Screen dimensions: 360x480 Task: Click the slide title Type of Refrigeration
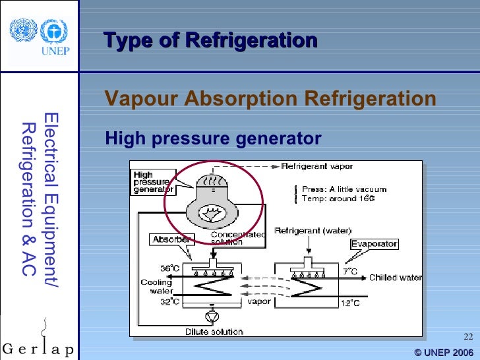pos(210,41)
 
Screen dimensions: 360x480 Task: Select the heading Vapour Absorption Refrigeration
pos(270,100)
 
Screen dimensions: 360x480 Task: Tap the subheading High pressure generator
pos(213,139)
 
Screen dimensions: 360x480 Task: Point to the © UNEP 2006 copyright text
pos(444,352)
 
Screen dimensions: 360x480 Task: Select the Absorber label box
pos(172,239)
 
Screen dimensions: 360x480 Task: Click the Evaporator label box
pos(374,244)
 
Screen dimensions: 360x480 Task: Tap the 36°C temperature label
pos(169,269)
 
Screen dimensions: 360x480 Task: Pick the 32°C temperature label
pos(169,301)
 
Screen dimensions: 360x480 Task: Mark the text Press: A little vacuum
pos(344,189)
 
